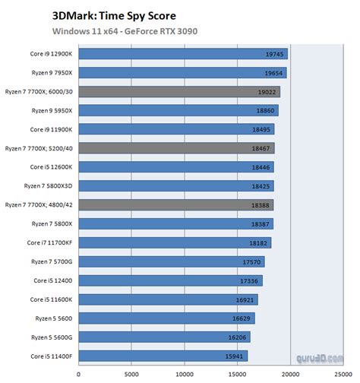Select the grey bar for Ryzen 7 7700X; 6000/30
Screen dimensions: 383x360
tap(178, 92)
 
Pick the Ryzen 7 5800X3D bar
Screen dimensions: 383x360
tap(176, 186)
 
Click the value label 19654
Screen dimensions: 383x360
tap(275, 74)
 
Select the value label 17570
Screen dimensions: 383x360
tap(252, 261)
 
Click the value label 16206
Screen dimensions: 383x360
tap(238, 337)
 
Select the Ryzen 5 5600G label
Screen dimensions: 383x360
tap(52, 337)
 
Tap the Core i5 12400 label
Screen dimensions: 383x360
tap(55, 280)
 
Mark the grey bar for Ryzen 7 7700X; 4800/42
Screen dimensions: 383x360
tap(175, 205)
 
